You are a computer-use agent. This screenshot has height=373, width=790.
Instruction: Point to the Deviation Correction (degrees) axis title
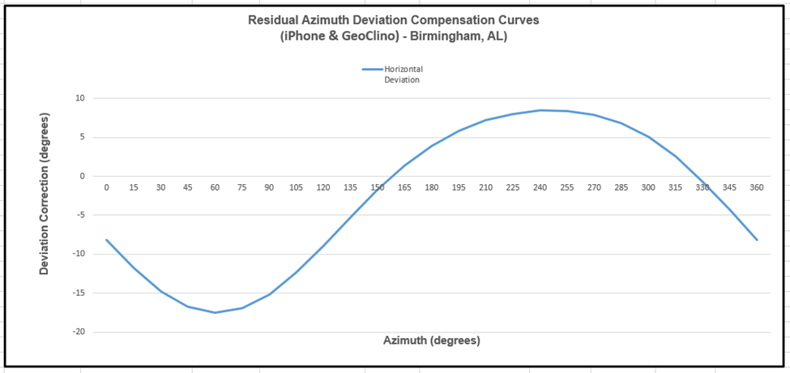[45, 194]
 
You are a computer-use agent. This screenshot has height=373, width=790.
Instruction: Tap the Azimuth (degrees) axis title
[431, 341]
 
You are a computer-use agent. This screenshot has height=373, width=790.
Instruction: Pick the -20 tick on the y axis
[79, 332]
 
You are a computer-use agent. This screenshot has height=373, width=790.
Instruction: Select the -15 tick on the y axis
[79, 294]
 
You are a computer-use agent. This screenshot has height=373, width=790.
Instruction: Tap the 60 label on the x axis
[215, 187]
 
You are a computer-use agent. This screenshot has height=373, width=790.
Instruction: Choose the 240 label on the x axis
[540, 187]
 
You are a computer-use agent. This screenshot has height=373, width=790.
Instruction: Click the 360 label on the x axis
[757, 187]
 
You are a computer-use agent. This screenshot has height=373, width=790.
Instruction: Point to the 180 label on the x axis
[431, 187]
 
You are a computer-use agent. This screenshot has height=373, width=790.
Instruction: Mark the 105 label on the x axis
[296, 187]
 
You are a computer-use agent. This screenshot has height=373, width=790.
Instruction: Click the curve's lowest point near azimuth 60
[215, 312]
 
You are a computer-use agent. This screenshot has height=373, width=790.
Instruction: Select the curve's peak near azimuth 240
[540, 110]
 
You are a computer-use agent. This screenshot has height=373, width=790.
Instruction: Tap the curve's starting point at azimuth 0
[106, 240]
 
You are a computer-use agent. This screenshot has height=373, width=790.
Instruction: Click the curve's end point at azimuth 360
[757, 240]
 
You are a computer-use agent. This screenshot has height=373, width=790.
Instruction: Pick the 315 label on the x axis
[675, 187]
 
